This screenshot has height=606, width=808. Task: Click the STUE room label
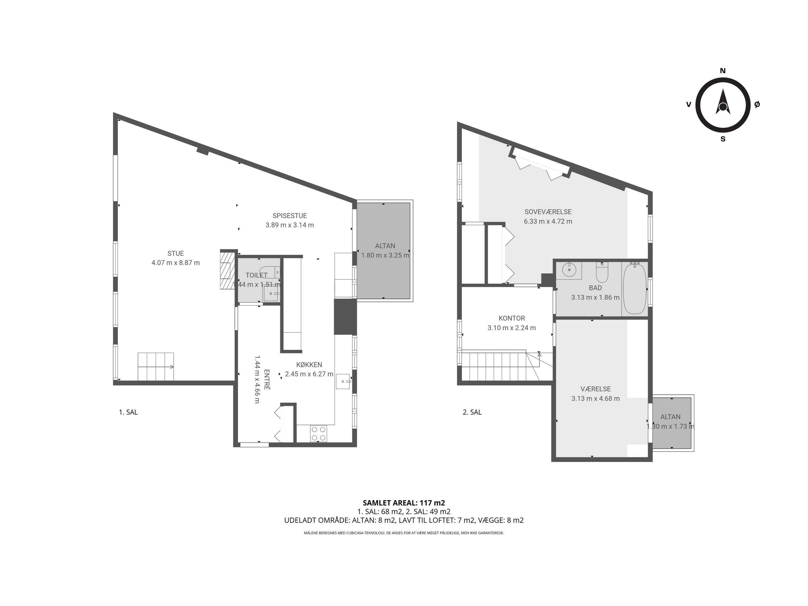coord(175,253)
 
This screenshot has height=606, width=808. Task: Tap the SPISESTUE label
coord(290,215)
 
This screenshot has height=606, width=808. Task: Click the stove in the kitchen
coord(319,434)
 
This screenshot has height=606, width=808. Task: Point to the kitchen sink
coord(343,381)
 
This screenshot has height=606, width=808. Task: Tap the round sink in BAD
coord(569,270)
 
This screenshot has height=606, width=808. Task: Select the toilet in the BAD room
coord(602,273)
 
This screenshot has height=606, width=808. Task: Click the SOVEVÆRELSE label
coord(548,212)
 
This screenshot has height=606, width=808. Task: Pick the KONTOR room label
coord(512,318)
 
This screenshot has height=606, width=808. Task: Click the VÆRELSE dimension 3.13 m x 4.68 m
coord(595,398)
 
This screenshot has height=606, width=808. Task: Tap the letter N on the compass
coord(723,71)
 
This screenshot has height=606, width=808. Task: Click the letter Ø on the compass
coord(757,104)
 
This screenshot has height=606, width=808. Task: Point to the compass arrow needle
coord(723,102)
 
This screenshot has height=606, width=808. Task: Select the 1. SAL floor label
coord(128,412)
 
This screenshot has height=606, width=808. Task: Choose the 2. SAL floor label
coord(472,412)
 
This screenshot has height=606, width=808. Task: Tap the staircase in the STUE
coord(156,366)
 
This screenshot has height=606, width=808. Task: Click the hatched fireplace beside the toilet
coord(227,269)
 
